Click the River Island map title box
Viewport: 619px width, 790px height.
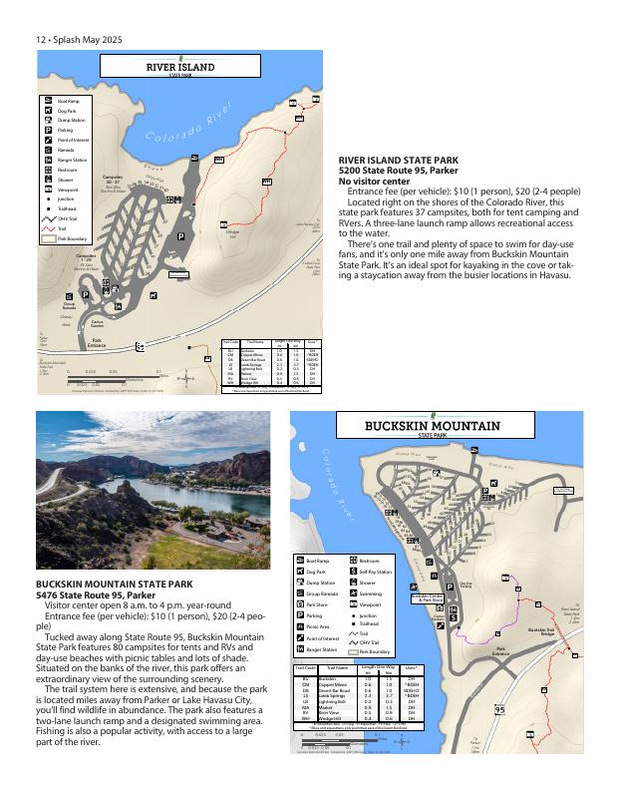point(180,68)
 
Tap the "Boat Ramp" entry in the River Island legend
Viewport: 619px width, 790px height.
point(68,102)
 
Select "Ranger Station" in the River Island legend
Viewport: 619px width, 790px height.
point(72,160)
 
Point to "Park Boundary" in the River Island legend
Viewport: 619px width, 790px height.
point(72,238)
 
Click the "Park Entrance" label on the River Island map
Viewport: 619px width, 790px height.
point(98,342)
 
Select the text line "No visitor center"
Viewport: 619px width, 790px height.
point(374,182)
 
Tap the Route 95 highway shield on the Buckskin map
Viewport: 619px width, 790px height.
point(499,710)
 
